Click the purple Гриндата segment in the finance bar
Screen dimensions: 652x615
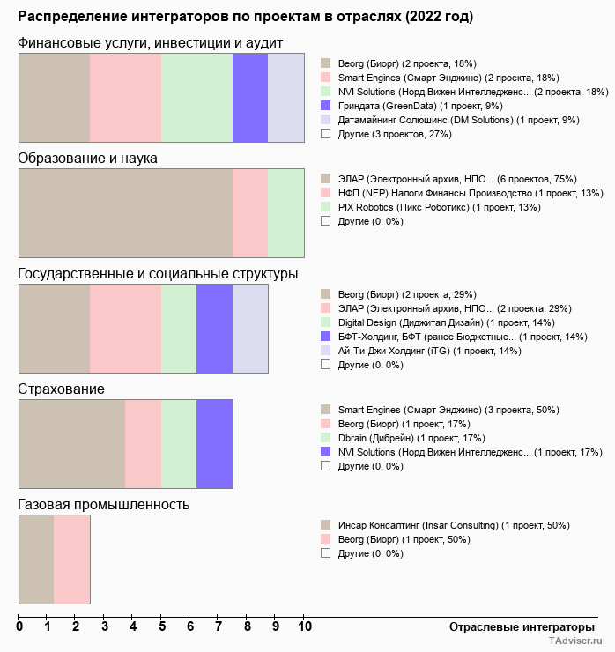pyautogui.click(x=250, y=97)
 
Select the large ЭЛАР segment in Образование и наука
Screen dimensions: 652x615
pyautogui.click(x=125, y=212)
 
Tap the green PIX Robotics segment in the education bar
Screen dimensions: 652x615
pyautogui.click(x=285, y=212)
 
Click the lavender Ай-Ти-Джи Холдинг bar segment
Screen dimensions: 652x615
pyautogui.click(x=250, y=329)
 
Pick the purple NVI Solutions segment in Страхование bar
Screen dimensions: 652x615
pyautogui.click(x=214, y=444)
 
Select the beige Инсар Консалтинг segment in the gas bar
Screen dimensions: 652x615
pyautogui.click(x=36, y=559)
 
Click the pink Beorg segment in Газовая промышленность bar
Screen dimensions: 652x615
pyautogui.click(x=72, y=559)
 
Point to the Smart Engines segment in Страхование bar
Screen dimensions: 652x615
pyautogui.click(x=72, y=444)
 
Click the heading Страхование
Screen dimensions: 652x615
pyautogui.click(x=62, y=389)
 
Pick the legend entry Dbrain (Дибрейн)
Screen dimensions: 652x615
pyautogui.click(x=411, y=438)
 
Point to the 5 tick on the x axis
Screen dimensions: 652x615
pyautogui.click(x=162, y=627)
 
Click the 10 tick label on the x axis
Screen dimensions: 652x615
pyautogui.click(x=304, y=627)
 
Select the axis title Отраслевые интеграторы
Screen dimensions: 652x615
pyautogui.click(x=516, y=626)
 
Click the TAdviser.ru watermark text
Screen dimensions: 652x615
pyautogui.click(x=575, y=642)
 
